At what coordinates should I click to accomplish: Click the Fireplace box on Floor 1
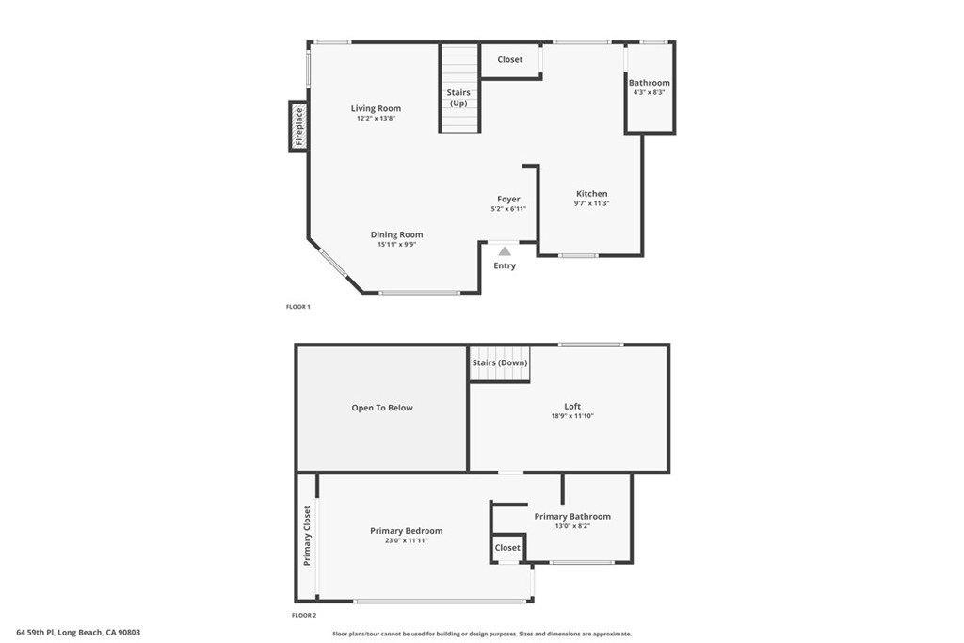coord(298,126)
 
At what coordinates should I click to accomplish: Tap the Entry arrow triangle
coord(505,250)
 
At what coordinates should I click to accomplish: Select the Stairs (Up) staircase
coord(459,88)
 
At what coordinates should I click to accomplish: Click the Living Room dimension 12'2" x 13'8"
coord(376,118)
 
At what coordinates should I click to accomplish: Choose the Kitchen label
coord(591,194)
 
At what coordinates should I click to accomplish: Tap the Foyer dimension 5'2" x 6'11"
coord(508,209)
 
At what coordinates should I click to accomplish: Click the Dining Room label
coord(396,234)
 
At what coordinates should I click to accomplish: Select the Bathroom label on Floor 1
coord(650,82)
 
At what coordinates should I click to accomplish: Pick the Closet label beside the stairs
coord(510,59)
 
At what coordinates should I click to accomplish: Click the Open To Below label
coord(382,408)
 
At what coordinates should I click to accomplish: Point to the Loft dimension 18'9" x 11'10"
coord(572,416)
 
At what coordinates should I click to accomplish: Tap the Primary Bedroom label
coord(407,531)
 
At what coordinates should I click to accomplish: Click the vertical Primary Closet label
coord(307,536)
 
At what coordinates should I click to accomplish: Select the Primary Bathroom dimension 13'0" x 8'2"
coord(572,526)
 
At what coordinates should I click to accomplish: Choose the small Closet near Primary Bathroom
coord(507,547)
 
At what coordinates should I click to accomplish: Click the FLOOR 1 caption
coord(298,307)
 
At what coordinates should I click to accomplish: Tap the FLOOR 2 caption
coord(304,615)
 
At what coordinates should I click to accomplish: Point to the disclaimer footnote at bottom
coord(482,634)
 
